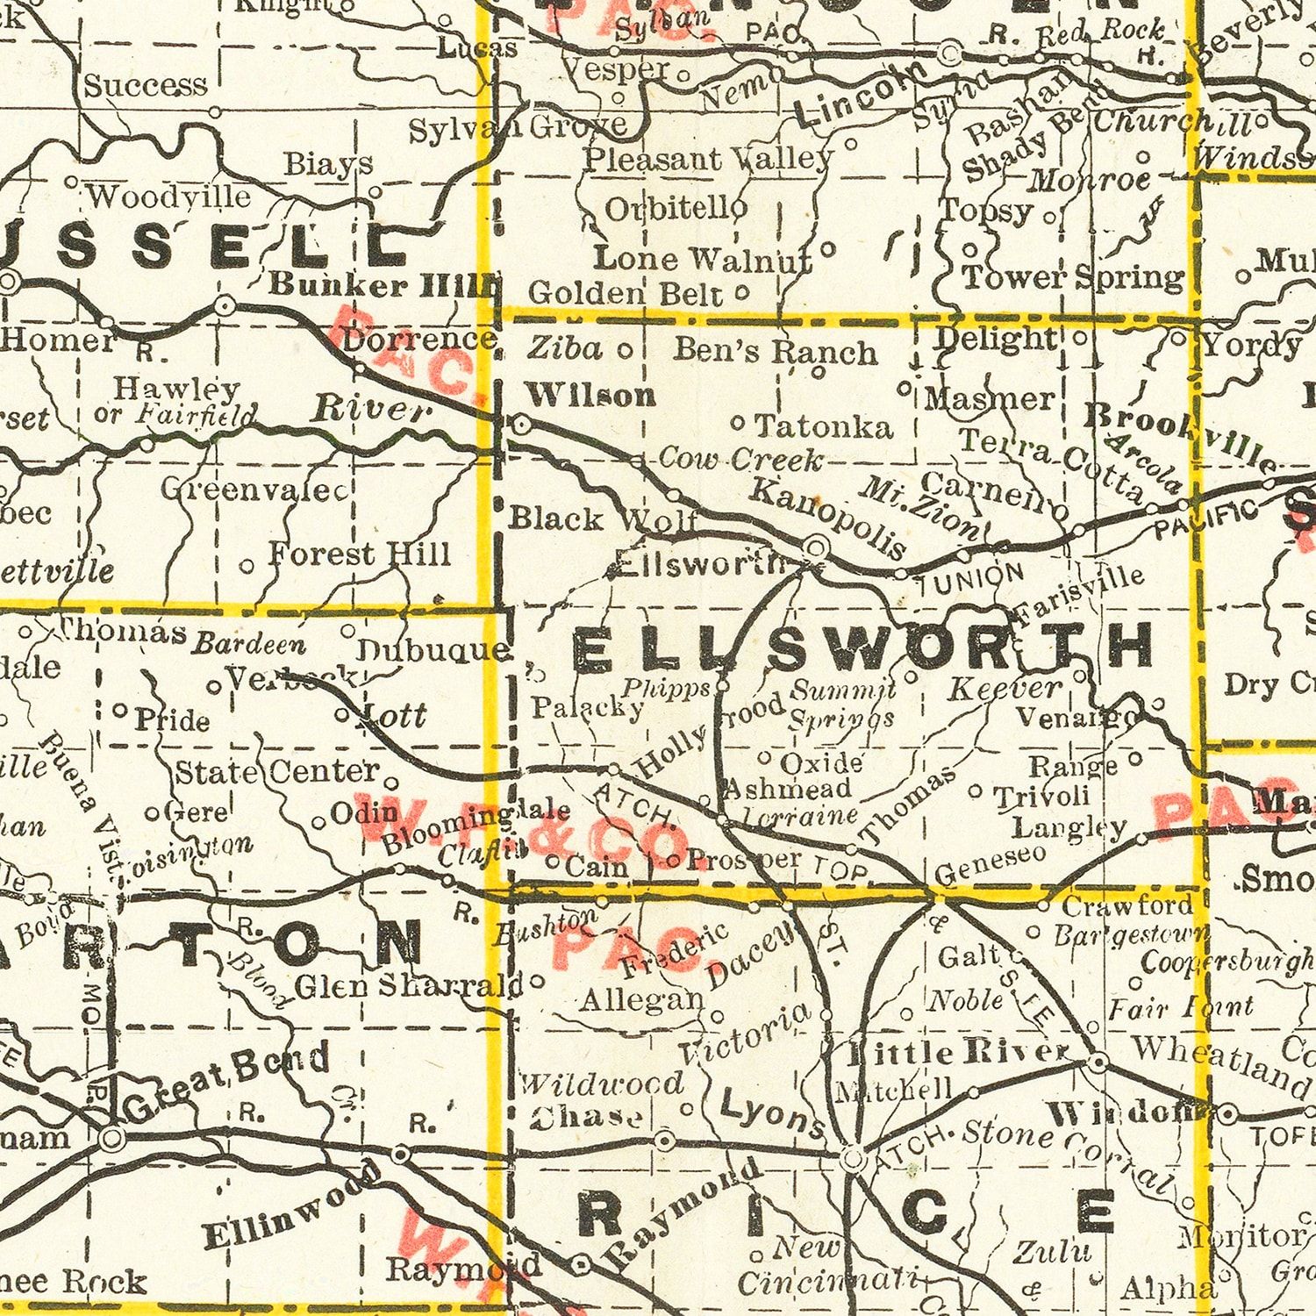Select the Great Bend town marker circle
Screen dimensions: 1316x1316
pos(111,1139)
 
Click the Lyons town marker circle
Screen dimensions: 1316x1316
pos(852,1160)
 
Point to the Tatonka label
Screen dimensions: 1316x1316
pos(824,427)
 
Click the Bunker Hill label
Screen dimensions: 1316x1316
pos(383,284)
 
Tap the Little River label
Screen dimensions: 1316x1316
pos(961,1051)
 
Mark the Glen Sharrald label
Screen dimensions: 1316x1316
pos(409,986)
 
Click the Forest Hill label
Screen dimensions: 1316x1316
pos(359,554)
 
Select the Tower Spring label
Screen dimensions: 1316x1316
pos(1073,278)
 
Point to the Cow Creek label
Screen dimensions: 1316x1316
pos(740,458)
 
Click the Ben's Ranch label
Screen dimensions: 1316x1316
pos(776,351)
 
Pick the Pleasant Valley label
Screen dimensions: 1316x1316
pos(709,160)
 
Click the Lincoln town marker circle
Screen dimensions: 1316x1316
pos(948,54)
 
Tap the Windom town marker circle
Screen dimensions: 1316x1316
pos(1227,1115)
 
